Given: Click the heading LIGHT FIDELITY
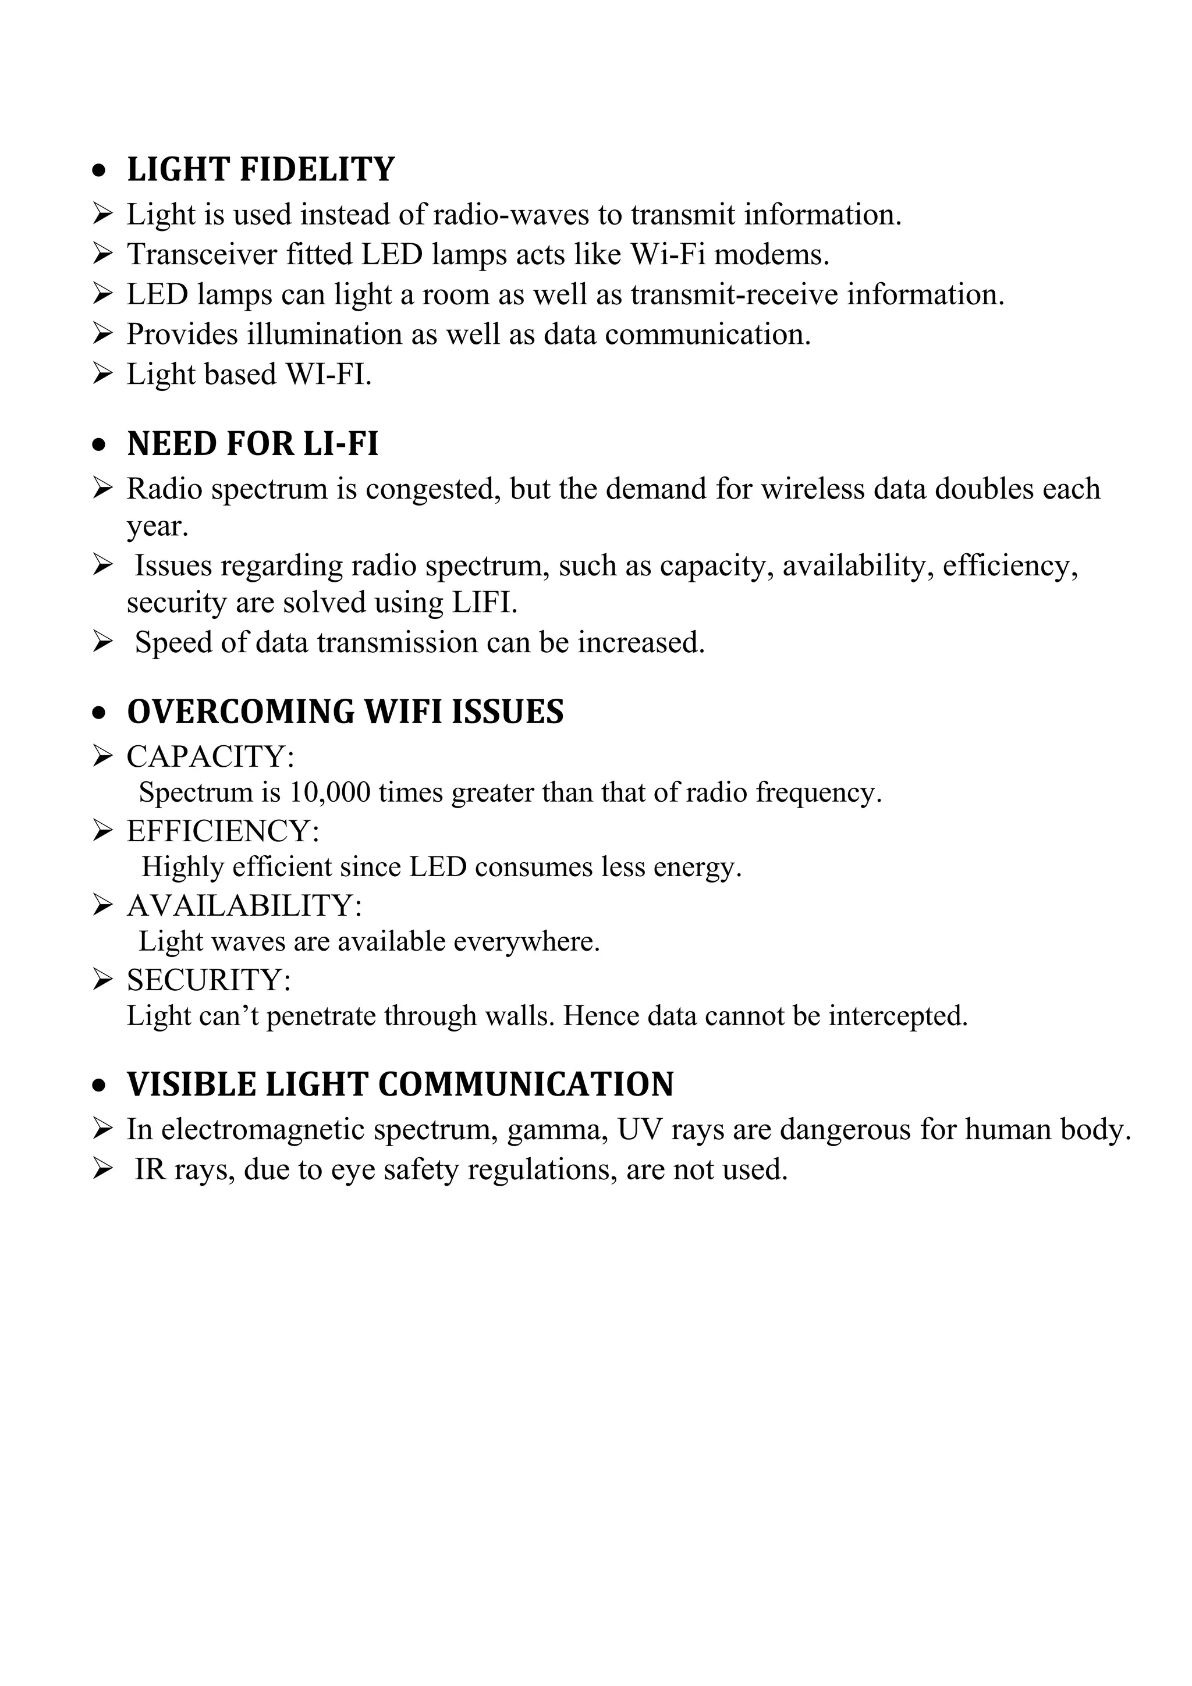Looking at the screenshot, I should point(261,170).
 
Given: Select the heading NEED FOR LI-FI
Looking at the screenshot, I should point(253,444).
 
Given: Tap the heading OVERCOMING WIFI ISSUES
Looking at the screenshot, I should point(345,712).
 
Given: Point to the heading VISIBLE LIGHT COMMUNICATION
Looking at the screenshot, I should point(400,1084).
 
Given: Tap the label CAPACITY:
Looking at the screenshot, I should point(210,757).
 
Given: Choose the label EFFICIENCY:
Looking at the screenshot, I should point(222,831).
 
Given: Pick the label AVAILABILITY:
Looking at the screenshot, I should point(244,905).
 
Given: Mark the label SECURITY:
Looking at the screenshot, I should point(208,980).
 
